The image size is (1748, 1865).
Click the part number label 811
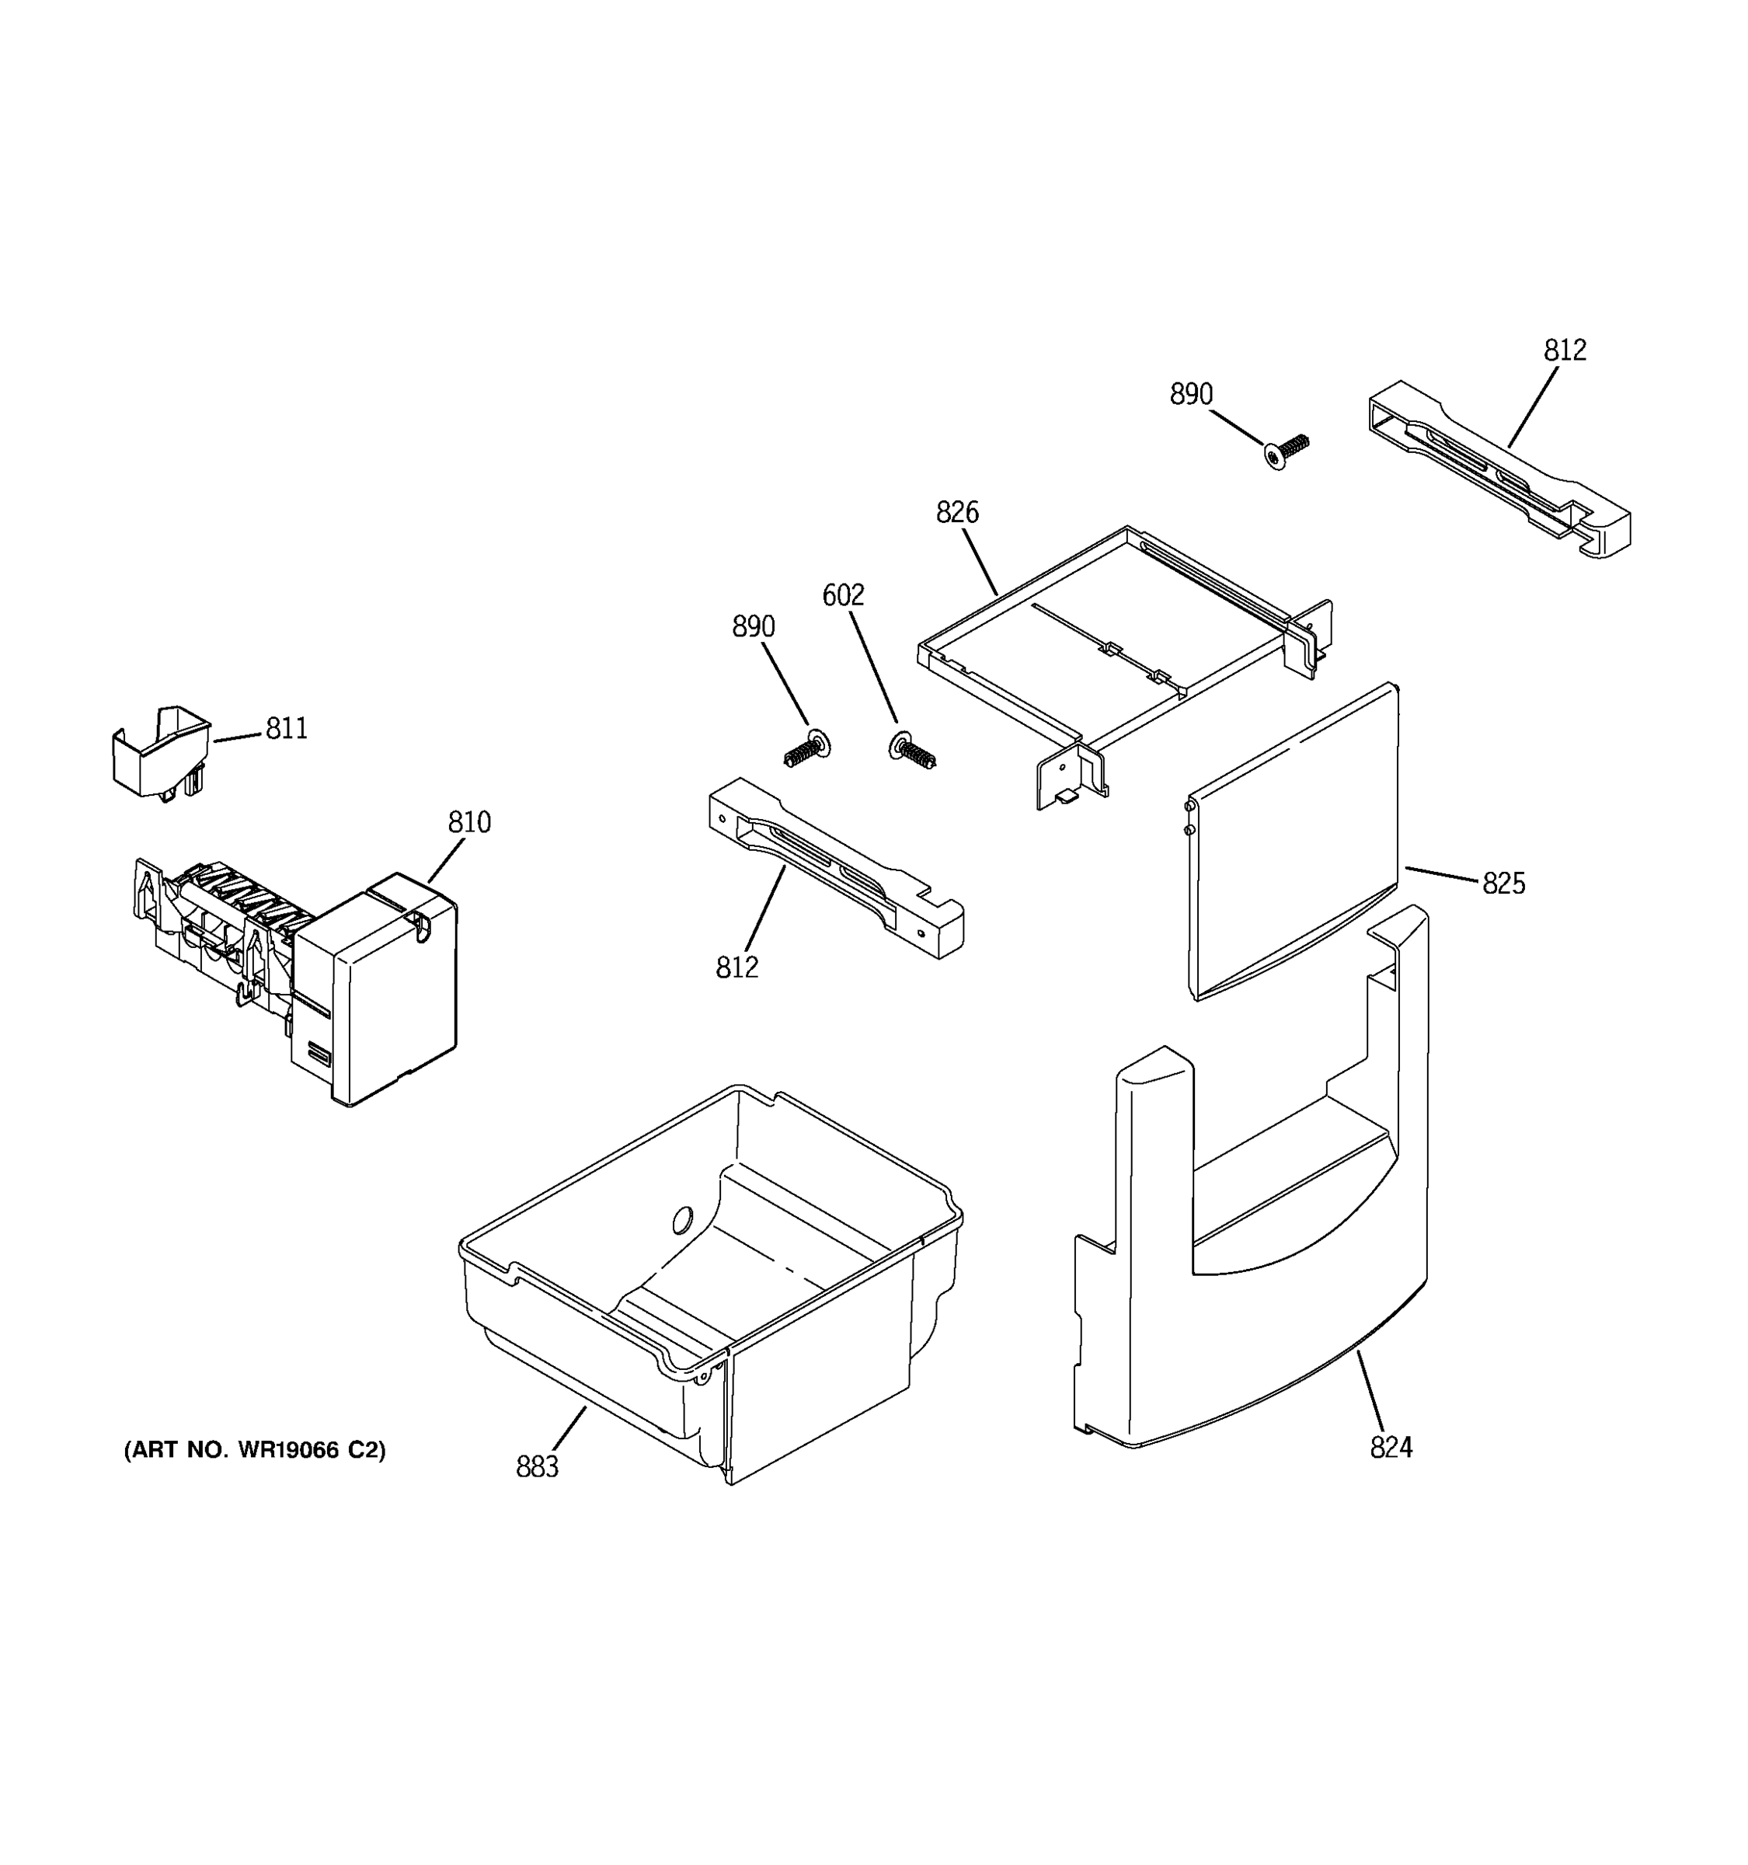tap(286, 728)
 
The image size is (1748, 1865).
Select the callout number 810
tap(469, 822)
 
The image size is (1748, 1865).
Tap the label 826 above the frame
tap(956, 512)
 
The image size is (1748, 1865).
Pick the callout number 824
tap(1391, 1448)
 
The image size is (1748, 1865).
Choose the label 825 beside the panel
tap(1503, 883)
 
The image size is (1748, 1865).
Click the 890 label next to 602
tap(753, 626)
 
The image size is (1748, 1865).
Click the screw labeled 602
tap(912, 751)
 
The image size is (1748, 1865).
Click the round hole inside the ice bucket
tap(682, 1219)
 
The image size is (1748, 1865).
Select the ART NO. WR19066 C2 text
tap(254, 1450)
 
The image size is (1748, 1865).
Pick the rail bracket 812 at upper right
tap(1499, 469)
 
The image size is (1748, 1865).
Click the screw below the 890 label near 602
tap(806, 750)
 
